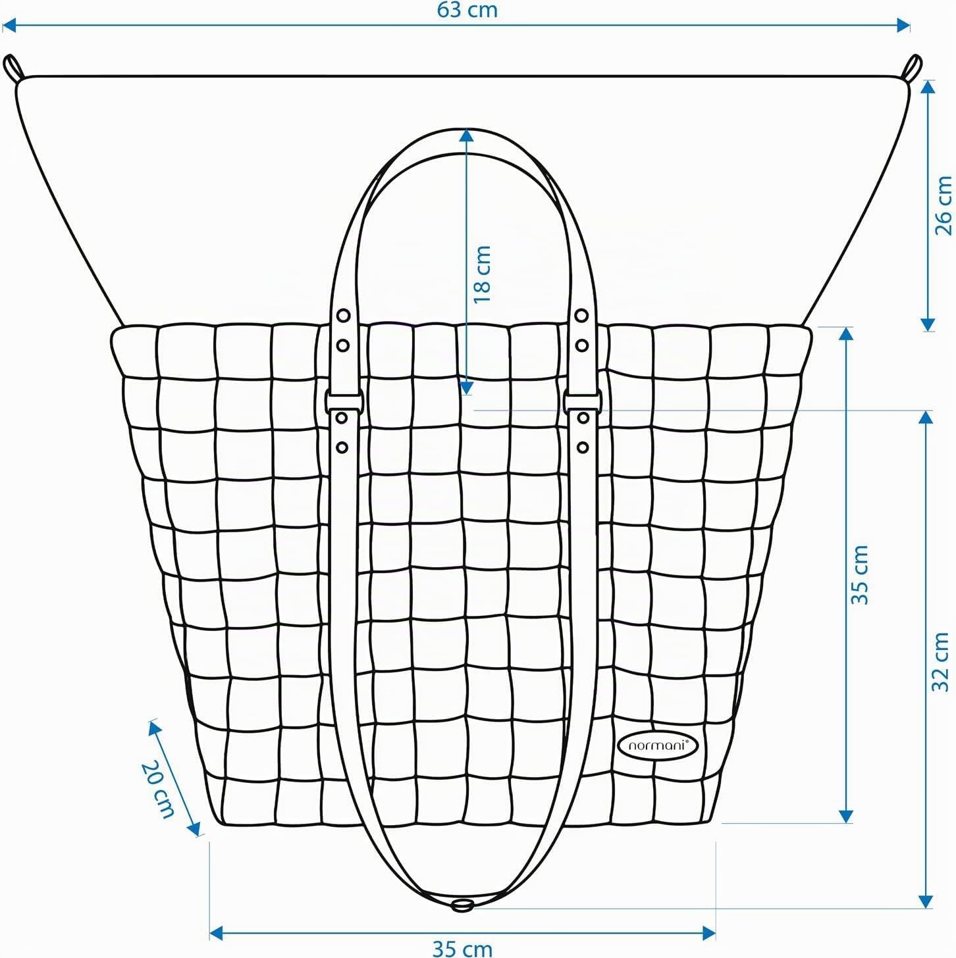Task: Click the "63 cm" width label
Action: tap(467, 11)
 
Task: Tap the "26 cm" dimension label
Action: tap(943, 206)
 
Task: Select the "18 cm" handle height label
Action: tap(482, 274)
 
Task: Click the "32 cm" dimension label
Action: tap(941, 662)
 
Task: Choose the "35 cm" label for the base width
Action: tap(462, 949)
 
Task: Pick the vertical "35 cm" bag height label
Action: tap(859, 574)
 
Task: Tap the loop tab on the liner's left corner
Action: tap(14, 67)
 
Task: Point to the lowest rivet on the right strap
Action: tap(583, 447)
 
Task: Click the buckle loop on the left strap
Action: tap(344, 401)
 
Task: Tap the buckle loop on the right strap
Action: tap(583, 401)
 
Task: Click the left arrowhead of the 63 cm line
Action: tap(10, 25)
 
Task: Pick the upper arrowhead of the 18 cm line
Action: tap(465, 136)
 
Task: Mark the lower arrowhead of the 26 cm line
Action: tap(927, 324)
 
